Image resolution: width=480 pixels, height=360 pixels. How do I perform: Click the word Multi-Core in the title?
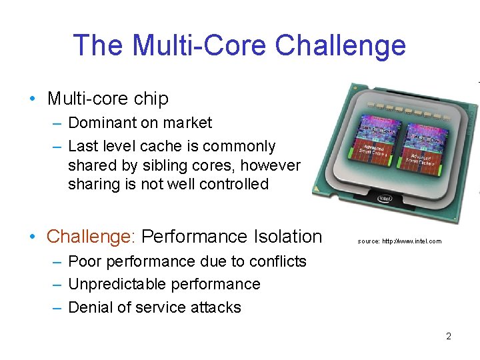[x=201, y=45]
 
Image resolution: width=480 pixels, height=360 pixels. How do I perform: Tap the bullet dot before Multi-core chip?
[x=33, y=99]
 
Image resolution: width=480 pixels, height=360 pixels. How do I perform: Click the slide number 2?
[x=448, y=336]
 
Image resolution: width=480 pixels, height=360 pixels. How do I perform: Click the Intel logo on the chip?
[x=385, y=198]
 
